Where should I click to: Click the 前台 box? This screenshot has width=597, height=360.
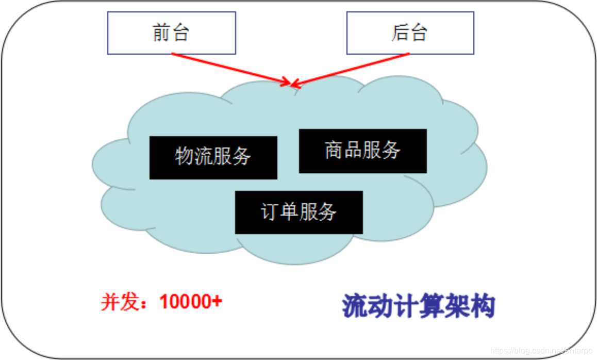pyautogui.click(x=171, y=33)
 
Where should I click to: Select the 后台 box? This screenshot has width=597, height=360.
pyautogui.click(x=410, y=33)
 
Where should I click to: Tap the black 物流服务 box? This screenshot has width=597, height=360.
pyautogui.click(x=213, y=157)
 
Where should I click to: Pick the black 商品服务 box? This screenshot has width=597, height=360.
pyautogui.click(x=362, y=151)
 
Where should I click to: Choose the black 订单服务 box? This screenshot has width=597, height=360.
pyautogui.click(x=299, y=212)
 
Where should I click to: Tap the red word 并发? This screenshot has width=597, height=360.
pyautogui.click(x=120, y=302)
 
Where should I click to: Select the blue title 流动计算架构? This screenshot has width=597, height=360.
pyautogui.click(x=418, y=306)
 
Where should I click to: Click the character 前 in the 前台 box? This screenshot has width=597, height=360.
pyautogui.click(x=162, y=33)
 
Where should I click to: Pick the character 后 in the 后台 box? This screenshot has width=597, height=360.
pyautogui.click(x=401, y=33)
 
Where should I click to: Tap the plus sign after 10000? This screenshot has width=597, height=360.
pyautogui.click(x=217, y=301)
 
